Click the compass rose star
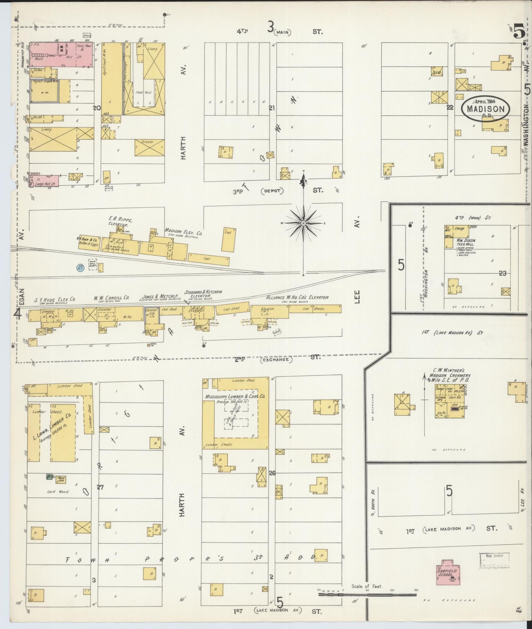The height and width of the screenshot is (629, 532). point(303,223)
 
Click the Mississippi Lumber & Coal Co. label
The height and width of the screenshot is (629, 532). point(235,396)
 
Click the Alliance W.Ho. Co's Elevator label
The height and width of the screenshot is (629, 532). point(297,298)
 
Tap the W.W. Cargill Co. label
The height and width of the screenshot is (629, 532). point(111,298)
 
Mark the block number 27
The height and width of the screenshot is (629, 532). point(100,487)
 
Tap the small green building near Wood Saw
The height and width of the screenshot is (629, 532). point(50,476)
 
